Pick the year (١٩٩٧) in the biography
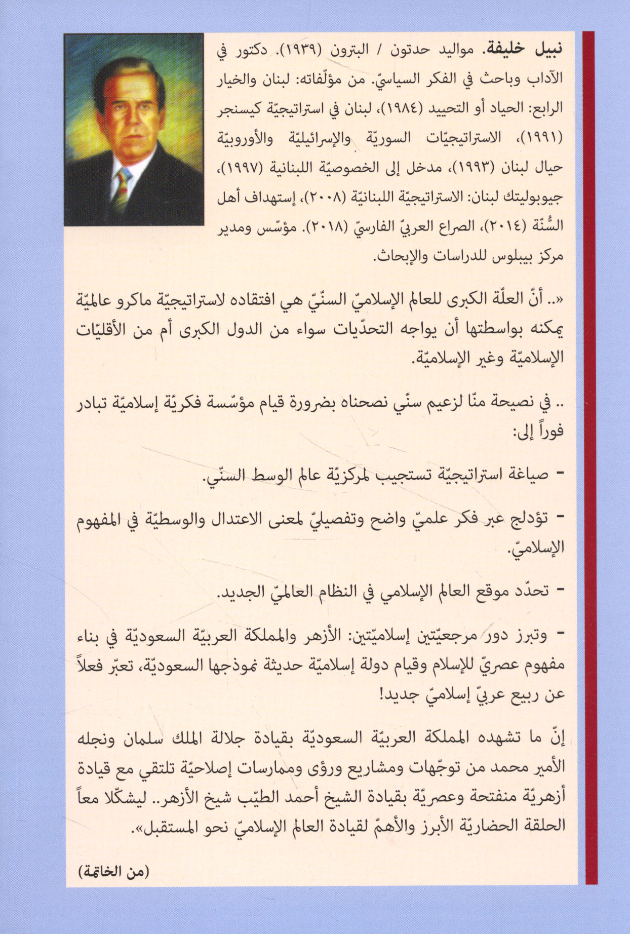coord(240,167)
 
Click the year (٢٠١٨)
coord(322,226)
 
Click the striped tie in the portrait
coord(122,190)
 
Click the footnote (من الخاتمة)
coord(114,872)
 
